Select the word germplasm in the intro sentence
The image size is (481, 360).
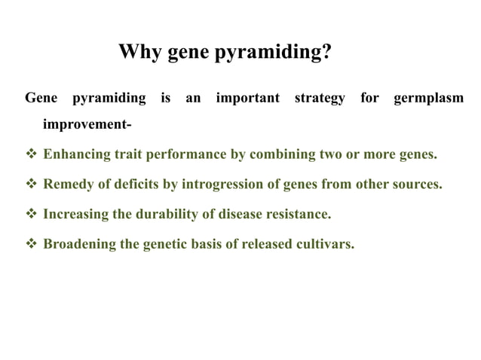click(428, 99)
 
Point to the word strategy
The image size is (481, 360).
click(320, 99)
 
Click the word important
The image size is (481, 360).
click(247, 99)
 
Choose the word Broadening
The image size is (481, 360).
click(79, 245)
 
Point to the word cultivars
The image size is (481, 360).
click(326, 245)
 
